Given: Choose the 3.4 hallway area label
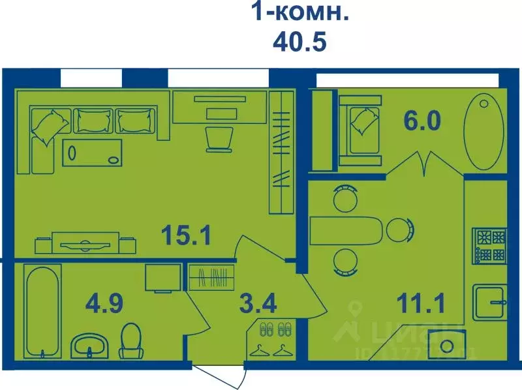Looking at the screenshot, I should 258,303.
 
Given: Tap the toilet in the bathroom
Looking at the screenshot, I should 132,339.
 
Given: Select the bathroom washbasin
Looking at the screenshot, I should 89,343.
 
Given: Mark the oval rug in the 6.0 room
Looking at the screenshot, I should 484,131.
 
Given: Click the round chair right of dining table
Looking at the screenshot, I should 398,230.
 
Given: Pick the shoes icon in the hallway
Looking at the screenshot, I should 274,328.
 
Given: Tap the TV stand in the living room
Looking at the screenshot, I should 85,243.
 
